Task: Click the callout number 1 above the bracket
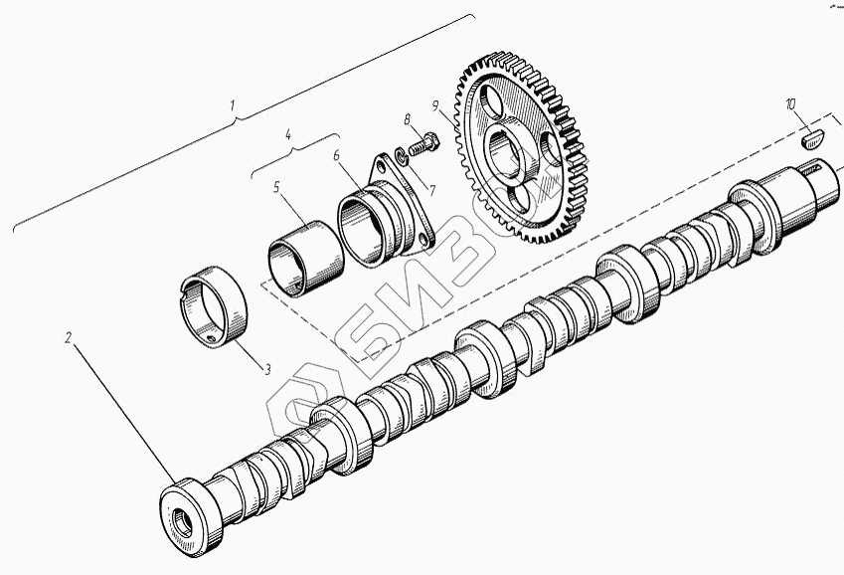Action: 233,105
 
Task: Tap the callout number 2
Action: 68,338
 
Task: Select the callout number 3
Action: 267,369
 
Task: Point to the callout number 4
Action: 288,134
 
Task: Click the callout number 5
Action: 276,187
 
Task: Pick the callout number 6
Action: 337,155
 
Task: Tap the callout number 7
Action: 430,190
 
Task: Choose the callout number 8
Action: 408,118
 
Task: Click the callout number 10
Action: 790,104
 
